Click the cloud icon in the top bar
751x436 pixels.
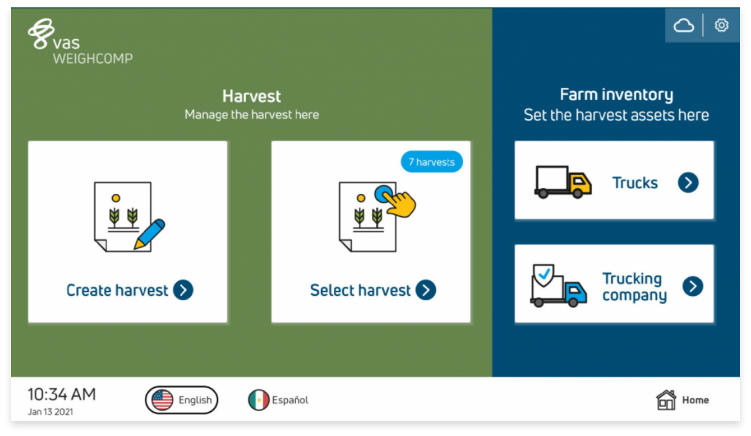coord(684,25)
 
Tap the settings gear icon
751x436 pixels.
coord(721,25)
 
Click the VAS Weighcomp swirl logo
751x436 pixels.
coord(41,33)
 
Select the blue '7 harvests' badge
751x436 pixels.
coord(432,162)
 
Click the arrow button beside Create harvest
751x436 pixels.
coord(183,290)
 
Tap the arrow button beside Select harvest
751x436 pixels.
coord(426,290)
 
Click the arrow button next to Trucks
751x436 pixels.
coord(688,182)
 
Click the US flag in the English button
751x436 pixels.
coord(162,400)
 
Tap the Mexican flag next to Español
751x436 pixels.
coord(258,400)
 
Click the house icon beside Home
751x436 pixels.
coord(666,400)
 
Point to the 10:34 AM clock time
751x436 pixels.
coord(62,394)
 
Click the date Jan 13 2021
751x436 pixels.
coord(51,412)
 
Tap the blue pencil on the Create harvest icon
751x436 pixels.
coord(150,234)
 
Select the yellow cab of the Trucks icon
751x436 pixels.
coord(581,183)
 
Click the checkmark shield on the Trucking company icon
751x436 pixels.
coord(543,275)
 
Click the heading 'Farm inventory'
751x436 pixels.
coord(616,94)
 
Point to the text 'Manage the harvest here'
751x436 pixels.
coord(252,114)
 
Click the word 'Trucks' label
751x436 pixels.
coord(635,183)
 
